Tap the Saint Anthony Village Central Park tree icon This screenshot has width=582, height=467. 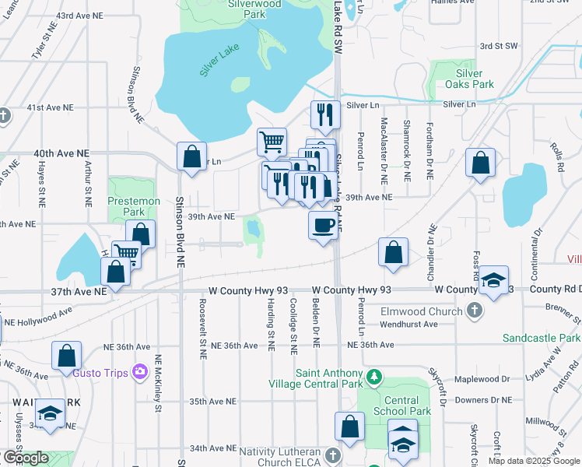(374, 377)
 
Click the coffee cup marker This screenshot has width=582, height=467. (323, 226)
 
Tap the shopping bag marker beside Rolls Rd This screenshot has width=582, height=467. (481, 163)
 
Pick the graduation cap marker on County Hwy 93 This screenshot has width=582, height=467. (493, 279)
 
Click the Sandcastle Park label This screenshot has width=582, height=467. (541, 339)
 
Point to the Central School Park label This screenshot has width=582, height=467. (407, 406)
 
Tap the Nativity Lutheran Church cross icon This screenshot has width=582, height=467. (333, 455)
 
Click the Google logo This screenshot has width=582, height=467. (25, 458)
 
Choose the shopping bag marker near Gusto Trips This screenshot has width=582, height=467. (67, 355)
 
